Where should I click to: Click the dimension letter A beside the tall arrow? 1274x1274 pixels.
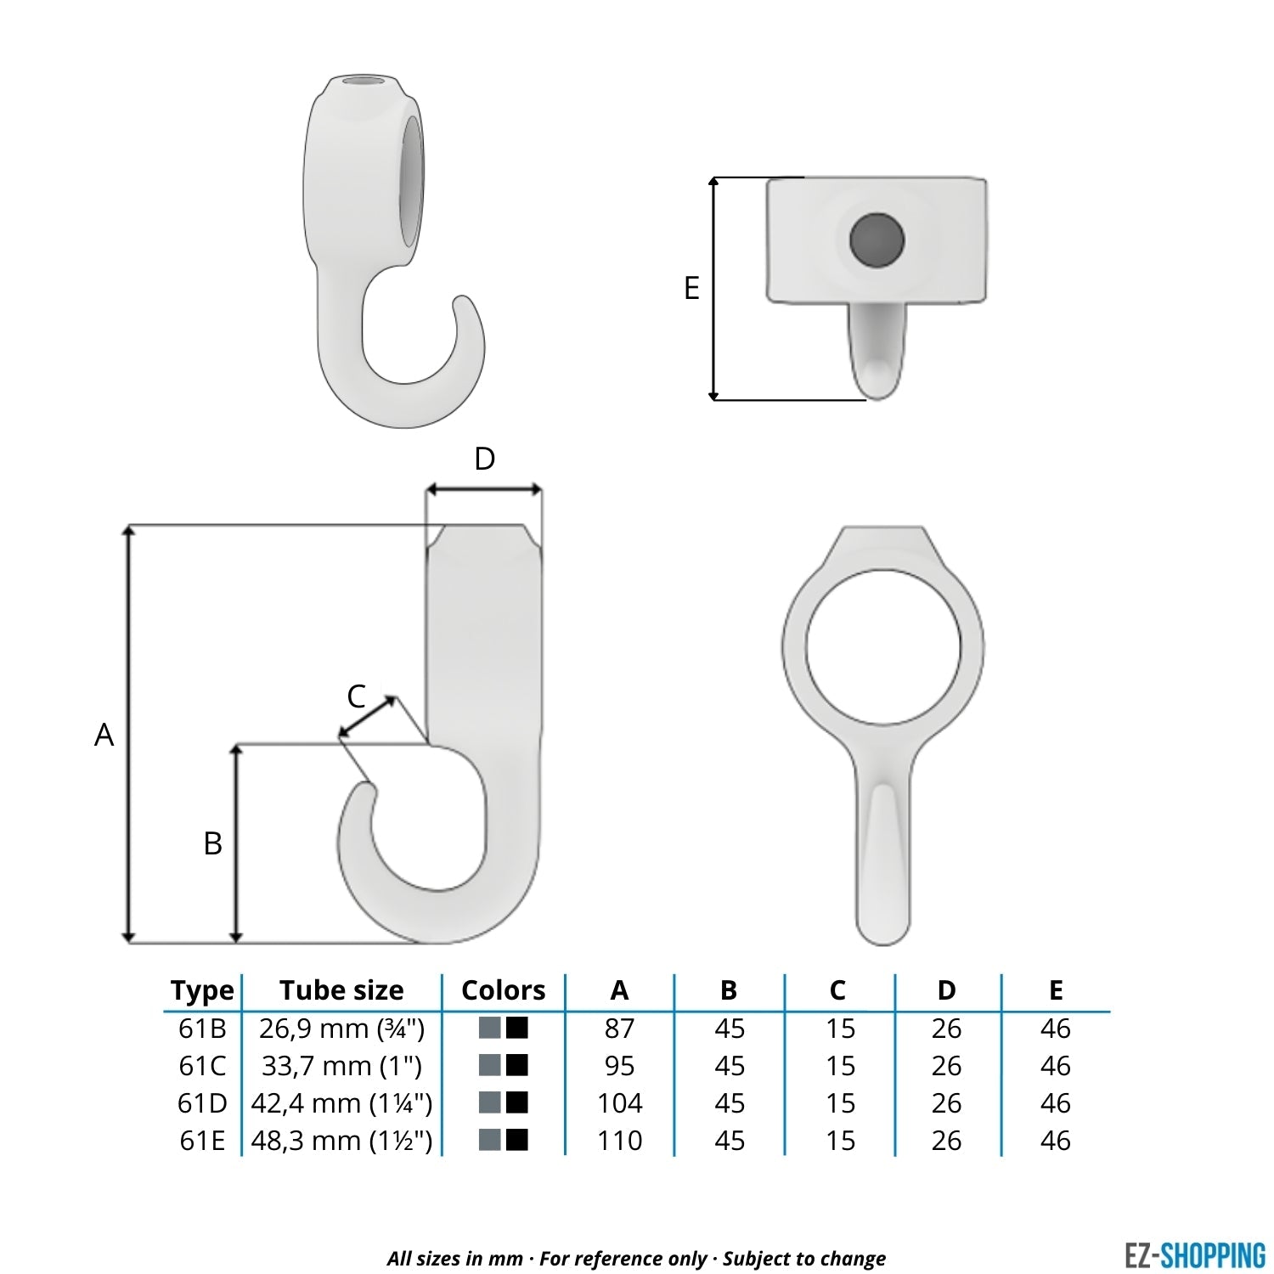[x=104, y=735]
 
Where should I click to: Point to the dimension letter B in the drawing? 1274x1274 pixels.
[x=212, y=843]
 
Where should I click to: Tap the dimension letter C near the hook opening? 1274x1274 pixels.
[x=356, y=696]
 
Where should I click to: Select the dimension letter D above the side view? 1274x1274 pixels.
[x=484, y=459]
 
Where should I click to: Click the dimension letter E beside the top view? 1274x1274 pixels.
[x=691, y=288]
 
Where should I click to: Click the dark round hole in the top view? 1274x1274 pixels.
[x=877, y=239]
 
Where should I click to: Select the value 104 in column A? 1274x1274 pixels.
[x=619, y=1102]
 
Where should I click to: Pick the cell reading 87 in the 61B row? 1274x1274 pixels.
[x=619, y=1029]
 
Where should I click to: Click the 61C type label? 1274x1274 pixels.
[x=202, y=1066]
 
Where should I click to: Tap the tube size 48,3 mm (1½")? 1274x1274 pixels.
[x=341, y=1140]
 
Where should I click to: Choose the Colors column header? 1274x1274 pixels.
[x=503, y=990]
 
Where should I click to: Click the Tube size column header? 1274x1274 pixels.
[x=341, y=990]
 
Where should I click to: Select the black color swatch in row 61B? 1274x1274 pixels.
[x=517, y=1028]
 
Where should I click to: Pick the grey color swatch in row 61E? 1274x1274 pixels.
[x=490, y=1139]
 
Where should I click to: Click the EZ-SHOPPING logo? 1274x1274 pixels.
[x=1194, y=1255]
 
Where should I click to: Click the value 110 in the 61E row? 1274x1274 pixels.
[x=619, y=1140]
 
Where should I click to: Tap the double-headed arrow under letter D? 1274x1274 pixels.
[x=483, y=489]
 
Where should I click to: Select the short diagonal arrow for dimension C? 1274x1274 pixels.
[x=367, y=717]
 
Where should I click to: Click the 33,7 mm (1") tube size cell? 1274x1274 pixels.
[x=341, y=1066]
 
